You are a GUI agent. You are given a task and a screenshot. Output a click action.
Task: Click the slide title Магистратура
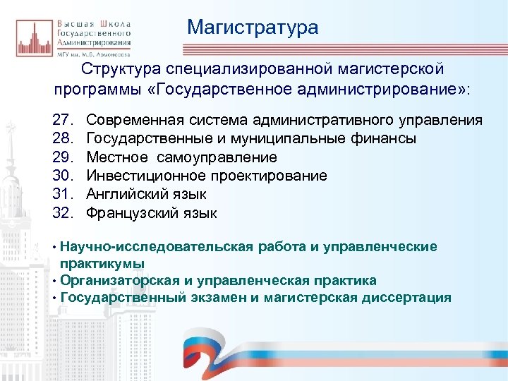[253, 28]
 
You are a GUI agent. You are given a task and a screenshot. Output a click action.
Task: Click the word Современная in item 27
[134, 121]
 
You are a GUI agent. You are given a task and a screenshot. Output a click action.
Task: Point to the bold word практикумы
[102, 263]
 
